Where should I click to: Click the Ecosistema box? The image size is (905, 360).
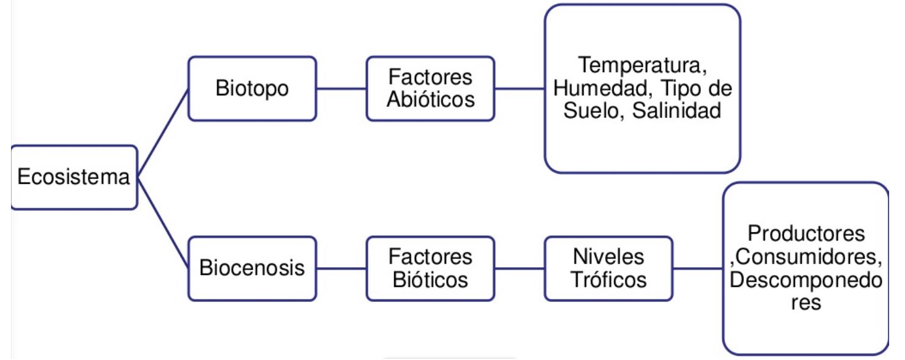[73, 178]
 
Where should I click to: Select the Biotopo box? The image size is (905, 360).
[252, 88]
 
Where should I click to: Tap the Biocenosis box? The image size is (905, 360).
[252, 268]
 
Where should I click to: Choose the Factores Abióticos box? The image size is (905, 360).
[430, 88]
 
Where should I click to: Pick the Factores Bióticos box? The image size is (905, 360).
[430, 268]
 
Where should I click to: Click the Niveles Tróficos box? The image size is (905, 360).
[609, 268]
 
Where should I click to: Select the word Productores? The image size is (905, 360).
[806, 233]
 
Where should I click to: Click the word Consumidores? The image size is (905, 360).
[808, 257]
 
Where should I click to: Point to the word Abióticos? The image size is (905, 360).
[430, 99]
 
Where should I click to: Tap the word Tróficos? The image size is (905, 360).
[609, 279]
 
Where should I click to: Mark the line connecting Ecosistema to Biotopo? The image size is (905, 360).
[163, 133]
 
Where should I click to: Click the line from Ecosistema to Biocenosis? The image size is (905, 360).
[163, 223]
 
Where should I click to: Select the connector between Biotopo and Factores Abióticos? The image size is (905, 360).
[342, 88]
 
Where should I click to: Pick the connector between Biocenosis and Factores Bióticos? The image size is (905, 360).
[342, 268]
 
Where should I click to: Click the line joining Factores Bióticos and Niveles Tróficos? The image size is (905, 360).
[519, 268]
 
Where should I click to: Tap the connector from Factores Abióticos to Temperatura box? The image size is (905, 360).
[519, 88]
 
